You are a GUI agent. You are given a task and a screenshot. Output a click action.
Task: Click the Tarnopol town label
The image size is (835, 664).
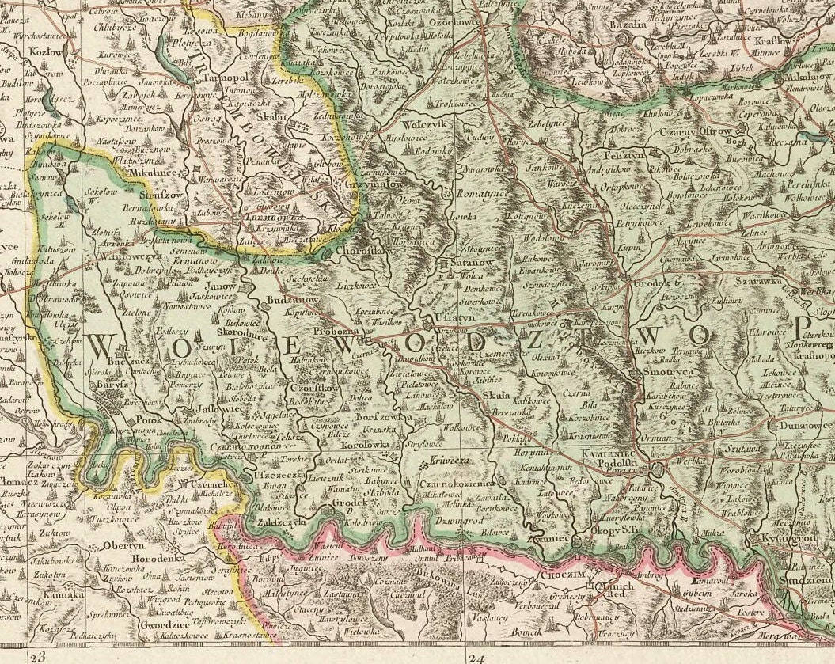pos(212,78)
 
